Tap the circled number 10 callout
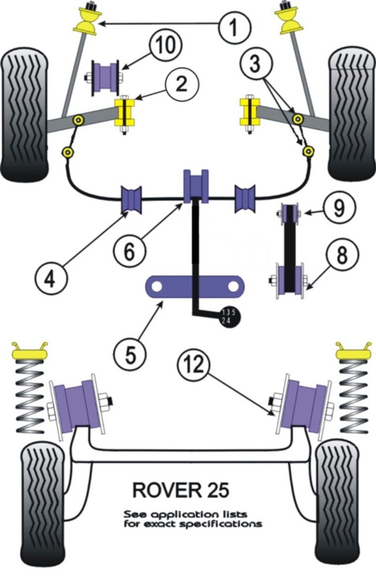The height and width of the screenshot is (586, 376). coord(166,46)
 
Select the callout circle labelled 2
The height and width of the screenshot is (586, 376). coord(181,83)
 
